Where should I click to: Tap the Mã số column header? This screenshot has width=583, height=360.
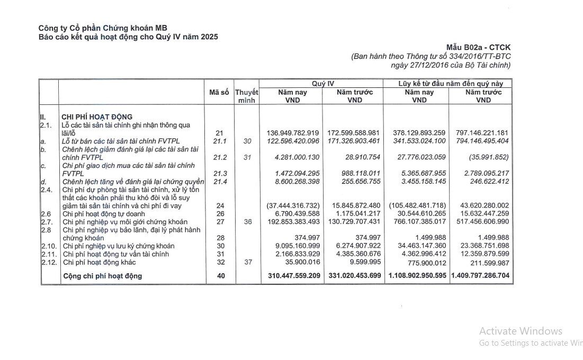coord(219,92)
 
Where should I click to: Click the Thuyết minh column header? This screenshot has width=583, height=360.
coord(246,96)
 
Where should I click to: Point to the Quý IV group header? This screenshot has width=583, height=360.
coord(322,84)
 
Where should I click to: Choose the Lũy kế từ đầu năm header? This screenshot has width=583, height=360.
coord(454,84)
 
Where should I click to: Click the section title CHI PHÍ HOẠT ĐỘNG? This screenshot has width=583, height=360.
coord(97,116)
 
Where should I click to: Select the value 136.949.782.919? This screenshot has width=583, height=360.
coord(292,132)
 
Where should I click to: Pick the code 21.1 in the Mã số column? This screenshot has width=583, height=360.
coord(219,141)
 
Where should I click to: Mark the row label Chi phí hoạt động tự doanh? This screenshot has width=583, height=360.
coord(106,213)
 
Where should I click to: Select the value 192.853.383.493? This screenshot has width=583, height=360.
coord(292,221)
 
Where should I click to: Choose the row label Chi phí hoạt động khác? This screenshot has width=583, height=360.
coord(99,262)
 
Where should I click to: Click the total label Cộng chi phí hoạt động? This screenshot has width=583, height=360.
coord(102,276)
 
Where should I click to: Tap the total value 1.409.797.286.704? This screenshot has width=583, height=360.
coord(481,276)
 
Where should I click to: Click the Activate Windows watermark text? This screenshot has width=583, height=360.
coord(521,331)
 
